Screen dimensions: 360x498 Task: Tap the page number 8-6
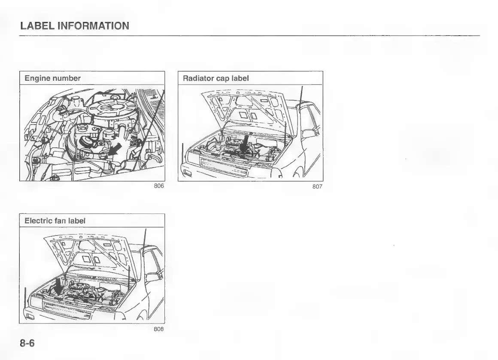[27, 344]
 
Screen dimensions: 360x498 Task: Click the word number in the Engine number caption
[66, 78]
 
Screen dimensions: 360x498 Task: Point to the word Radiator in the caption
[197, 78]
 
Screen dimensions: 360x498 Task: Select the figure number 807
[317, 186]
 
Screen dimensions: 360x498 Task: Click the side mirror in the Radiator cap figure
[308, 134]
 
